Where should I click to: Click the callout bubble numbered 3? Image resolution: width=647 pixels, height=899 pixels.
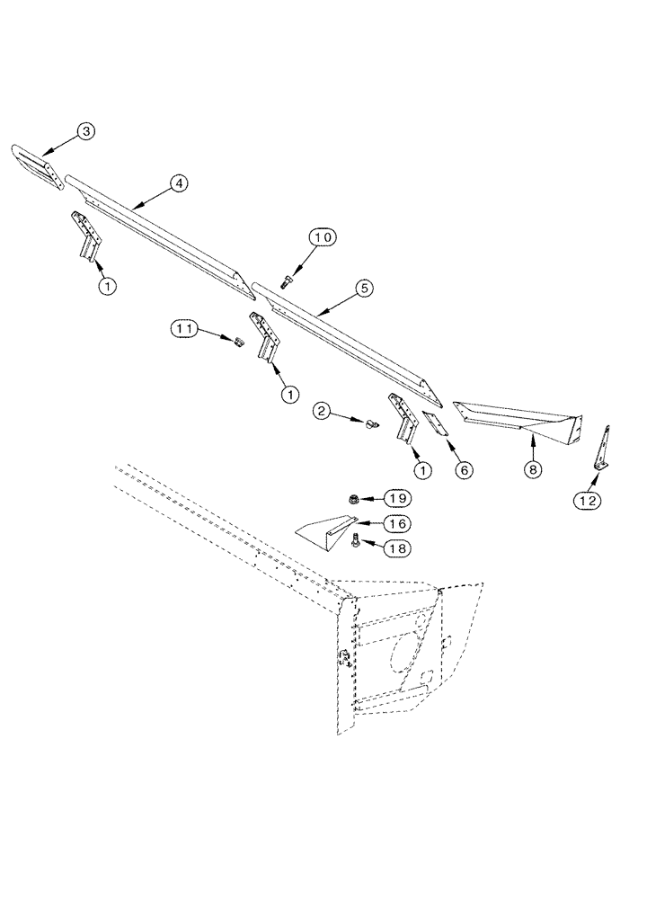click(85, 132)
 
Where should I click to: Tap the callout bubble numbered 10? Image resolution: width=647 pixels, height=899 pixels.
click(323, 237)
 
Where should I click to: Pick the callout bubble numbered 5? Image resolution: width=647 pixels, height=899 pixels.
click(363, 289)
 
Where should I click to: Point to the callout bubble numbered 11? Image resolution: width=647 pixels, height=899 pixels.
click(185, 330)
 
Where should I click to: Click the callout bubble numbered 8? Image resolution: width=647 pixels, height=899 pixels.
click(534, 469)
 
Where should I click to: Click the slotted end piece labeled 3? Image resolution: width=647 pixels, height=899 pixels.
click(35, 167)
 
